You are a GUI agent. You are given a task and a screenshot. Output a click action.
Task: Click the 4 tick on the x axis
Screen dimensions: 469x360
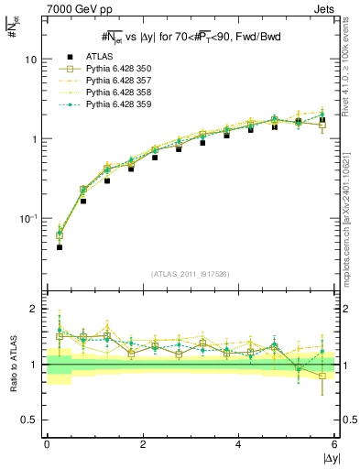(x=238, y=444)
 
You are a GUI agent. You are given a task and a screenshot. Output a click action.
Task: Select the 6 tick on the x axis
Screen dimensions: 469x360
(x=333, y=444)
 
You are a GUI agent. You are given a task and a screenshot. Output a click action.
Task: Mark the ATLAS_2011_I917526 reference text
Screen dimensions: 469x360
(x=190, y=274)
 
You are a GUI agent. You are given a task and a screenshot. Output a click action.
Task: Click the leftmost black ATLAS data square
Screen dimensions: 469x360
(x=60, y=247)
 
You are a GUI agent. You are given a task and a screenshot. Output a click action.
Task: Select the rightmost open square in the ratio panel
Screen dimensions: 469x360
(x=322, y=376)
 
